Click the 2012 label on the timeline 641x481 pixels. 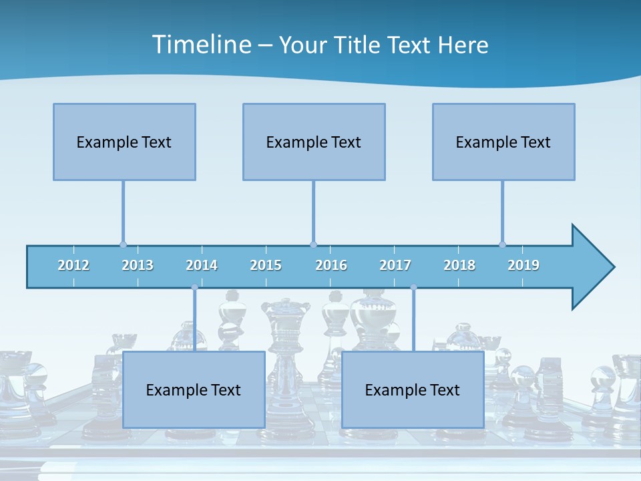pyautogui.click(x=73, y=265)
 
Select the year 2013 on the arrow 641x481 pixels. pyautogui.click(x=138, y=265)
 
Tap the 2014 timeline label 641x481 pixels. pyautogui.click(x=202, y=265)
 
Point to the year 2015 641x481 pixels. pyautogui.click(x=266, y=265)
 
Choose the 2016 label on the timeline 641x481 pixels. pyautogui.click(x=331, y=265)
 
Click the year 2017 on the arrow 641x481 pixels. pyautogui.click(x=395, y=265)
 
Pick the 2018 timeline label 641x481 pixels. pyautogui.click(x=459, y=265)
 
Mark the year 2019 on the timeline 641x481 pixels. pyautogui.click(x=523, y=265)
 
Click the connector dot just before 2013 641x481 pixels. pyautogui.click(x=123, y=245)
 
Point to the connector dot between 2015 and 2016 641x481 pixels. pyautogui.click(x=313, y=245)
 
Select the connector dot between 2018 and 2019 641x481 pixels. pyautogui.click(x=502, y=245)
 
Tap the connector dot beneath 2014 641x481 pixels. pyautogui.click(x=194, y=287)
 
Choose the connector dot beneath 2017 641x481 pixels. pyautogui.click(x=413, y=287)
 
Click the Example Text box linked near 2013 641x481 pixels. pyautogui.click(x=124, y=142)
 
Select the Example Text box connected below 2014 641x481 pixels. pyautogui.click(x=194, y=389)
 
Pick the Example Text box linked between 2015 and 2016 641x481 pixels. pyautogui.click(x=314, y=142)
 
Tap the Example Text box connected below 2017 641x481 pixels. pyautogui.click(x=413, y=389)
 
